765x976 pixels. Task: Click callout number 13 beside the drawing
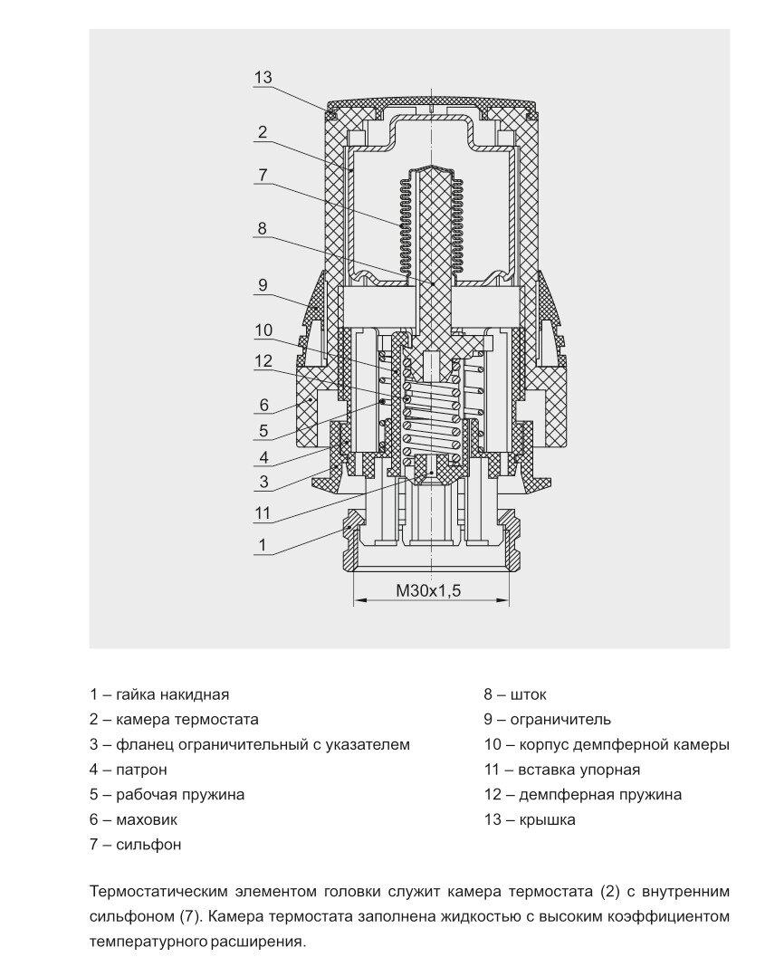coord(263,77)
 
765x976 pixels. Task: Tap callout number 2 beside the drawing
coord(262,132)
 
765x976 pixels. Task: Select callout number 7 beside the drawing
coord(262,176)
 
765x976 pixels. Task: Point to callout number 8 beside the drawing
coord(262,229)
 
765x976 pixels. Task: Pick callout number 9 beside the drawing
coord(262,285)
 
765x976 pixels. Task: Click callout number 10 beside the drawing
coord(263,330)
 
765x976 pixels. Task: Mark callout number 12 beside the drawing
coord(263,361)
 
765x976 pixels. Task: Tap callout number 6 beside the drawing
coord(263,405)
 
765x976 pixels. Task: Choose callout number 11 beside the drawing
coord(263,513)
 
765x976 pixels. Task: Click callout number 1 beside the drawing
coord(263,545)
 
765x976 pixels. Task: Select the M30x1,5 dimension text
coord(429,591)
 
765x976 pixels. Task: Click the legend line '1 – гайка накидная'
coord(159,694)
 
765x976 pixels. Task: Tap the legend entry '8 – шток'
coord(515,694)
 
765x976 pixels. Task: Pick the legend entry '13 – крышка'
coord(530,820)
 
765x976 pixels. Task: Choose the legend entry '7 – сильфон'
coord(136,845)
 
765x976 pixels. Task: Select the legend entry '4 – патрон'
coord(129,770)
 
